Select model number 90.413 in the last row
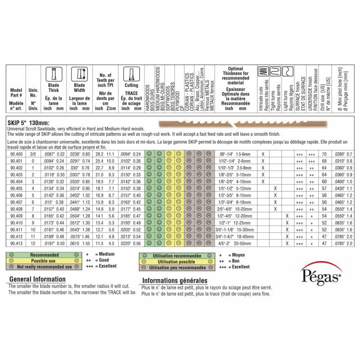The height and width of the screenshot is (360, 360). [16, 242]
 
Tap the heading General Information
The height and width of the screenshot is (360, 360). [37, 279]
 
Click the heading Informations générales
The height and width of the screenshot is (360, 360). [174, 280]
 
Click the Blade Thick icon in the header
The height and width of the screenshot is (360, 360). [54, 74]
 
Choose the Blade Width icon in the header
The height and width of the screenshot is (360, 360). [79, 74]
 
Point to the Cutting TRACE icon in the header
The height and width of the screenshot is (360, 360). [131, 74]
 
